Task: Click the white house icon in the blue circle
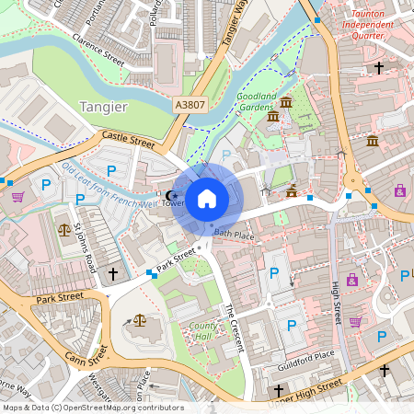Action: (x=207, y=199)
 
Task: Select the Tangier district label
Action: (x=102, y=106)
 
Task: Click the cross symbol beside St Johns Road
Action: (x=113, y=274)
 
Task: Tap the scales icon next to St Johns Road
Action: (x=63, y=230)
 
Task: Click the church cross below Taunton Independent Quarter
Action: (x=378, y=67)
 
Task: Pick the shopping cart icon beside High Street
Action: (x=355, y=321)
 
